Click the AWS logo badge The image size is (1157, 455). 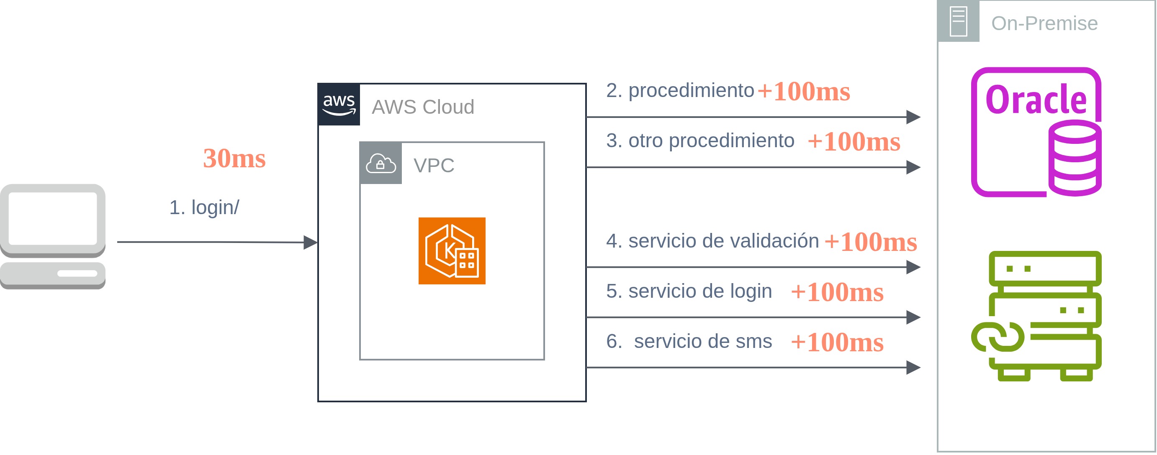[x=339, y=105]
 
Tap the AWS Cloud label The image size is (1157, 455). [x=423, y=107]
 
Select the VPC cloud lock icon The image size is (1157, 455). [x=381, y=164]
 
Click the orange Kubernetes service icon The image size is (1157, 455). [x=451, y=251]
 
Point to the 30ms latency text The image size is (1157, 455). [x=234, y=158]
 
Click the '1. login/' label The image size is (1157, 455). [x=204, y=207]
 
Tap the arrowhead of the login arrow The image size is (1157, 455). [x=310, y=242]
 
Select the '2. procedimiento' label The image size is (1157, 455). [x=679, y=91]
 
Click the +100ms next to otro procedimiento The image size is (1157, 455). [x=854, y=142]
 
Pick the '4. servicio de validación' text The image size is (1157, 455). [x=712, y=241]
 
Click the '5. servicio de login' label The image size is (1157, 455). [x=689, y=291]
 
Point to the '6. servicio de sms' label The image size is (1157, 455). [x=689, y=342]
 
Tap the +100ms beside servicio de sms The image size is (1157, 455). [x=837, y=343]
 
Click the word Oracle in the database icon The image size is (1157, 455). [x=1035, y=100]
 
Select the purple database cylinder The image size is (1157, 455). [x=1075, y=158]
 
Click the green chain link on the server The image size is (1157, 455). [x=998, y=337]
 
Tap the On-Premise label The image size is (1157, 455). [x=1044, y=23]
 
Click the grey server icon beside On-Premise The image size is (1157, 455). [x=958, y=21]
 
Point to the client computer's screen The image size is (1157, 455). [x=53, y=219]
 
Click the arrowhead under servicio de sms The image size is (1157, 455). [x=913, y=368]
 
